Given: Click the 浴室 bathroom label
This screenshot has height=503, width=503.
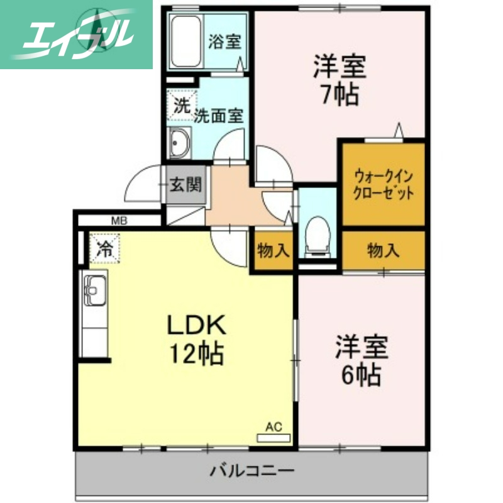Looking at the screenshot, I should point(224,42).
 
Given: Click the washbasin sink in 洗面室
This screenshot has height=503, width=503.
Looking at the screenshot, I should point(180,143).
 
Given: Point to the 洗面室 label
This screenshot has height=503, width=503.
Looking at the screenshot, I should point(218,116).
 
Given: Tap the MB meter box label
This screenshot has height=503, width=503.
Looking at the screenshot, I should point(119,220).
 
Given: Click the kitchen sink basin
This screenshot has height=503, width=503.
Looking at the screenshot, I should point(94,292).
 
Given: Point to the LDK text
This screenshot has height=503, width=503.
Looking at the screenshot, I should point(195,325).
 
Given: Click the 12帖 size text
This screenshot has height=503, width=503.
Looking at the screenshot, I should point(195,355).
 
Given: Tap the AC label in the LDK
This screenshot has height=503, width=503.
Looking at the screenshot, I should point(274,427).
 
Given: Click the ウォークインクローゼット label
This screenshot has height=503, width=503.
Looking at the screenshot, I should point(384,184).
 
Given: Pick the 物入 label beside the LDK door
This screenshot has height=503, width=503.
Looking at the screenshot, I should point(273,251).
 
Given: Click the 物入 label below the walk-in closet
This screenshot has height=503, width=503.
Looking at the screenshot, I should point(383,251).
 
